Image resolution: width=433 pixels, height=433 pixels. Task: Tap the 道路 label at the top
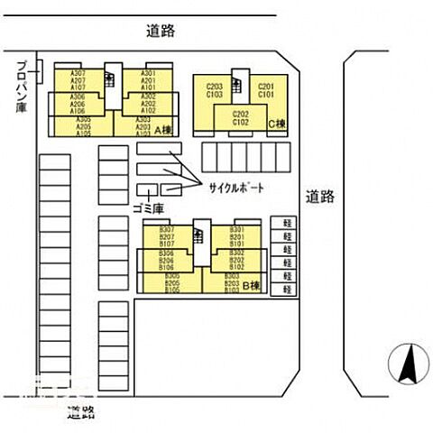point(159,31)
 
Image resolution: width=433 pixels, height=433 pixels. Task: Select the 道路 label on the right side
point(318,196)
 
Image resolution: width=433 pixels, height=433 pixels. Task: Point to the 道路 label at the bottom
point(81,414)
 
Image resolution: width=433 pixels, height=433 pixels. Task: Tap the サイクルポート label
point(235,188)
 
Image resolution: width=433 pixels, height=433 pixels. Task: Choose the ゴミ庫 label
point(146,208)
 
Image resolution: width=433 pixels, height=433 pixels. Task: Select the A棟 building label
point(163,132)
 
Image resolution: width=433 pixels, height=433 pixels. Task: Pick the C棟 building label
point(276,124)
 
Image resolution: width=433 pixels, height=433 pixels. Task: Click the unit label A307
point(78,73)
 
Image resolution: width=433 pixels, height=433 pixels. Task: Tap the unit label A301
point(149,73)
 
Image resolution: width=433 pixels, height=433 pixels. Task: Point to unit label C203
point(215,86)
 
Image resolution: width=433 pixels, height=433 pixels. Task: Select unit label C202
point(240,114)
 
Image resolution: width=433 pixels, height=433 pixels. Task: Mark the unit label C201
point(265,86)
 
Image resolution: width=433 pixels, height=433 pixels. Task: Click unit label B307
point(167,230)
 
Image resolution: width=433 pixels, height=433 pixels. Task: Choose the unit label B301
point(236,230)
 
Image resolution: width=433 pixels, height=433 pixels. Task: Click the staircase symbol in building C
point(240,83)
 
